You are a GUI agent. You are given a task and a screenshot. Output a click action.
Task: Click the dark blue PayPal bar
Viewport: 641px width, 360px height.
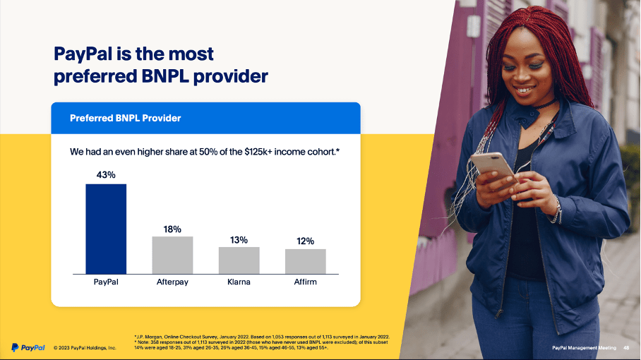pos(106,229)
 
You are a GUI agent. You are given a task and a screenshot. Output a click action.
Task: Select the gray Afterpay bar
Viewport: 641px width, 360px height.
pos(172,255)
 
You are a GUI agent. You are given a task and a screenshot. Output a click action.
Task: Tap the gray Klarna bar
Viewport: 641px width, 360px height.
pos(239,260)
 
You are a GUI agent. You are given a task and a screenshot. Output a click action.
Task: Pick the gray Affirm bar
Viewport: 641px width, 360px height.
pos(305,261)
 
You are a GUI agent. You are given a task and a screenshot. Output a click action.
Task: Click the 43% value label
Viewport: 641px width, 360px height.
pos(106,174)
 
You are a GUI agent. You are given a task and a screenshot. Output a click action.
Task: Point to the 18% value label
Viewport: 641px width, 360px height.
pos(172,229)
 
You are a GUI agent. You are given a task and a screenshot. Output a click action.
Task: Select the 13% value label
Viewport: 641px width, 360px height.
pos(239,240)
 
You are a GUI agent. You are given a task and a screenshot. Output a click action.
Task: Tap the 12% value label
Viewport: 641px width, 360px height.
pos(305,241)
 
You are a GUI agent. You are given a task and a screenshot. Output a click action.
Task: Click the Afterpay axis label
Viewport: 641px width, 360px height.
pos(172,282)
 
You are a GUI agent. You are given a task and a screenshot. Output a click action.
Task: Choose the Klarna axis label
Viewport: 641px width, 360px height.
pos(239,282)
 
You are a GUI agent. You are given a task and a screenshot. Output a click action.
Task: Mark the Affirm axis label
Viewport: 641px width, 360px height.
pos(305,282)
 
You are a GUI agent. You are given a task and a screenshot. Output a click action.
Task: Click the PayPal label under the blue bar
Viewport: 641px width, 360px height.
pos(106,282)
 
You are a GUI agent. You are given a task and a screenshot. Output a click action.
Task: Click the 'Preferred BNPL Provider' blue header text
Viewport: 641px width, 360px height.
pos(125,118)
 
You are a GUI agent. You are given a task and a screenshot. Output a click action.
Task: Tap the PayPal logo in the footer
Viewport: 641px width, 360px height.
pos(28,347)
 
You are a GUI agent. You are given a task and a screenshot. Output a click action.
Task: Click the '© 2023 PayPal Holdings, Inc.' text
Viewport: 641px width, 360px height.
pos(85,348)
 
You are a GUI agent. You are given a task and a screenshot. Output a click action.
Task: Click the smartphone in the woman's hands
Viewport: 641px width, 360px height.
pos(492,165)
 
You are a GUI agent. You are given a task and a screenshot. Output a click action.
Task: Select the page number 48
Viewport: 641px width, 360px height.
pos(625,348)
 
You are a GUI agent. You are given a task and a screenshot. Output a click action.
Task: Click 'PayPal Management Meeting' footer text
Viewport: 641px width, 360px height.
pos(583,348)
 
